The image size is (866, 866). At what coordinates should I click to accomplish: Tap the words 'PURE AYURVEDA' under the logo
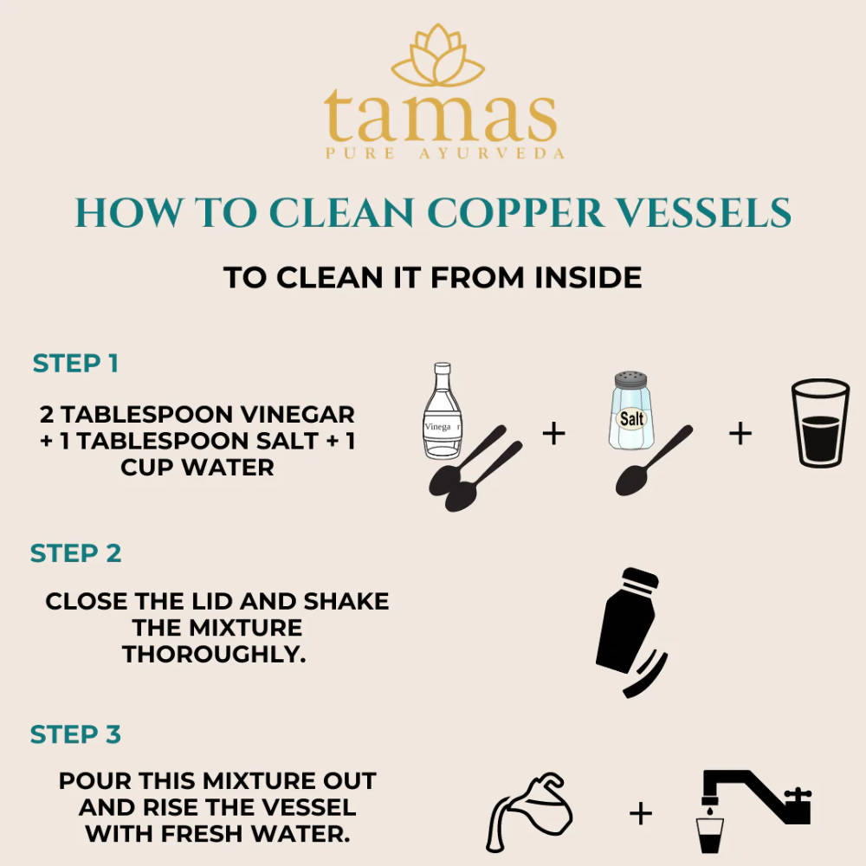click(443, 153)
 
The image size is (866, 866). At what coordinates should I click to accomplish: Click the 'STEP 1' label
click(75, 363)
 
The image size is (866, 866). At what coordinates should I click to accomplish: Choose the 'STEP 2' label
click(75, 553)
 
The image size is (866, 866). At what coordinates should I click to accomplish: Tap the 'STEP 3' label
click(75, 734)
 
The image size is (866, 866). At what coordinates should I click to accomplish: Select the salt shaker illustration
click(633, 410)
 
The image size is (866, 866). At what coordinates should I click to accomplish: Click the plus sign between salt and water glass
click(740, 432)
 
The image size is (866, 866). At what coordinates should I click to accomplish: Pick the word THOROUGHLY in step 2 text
click(215, 653)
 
